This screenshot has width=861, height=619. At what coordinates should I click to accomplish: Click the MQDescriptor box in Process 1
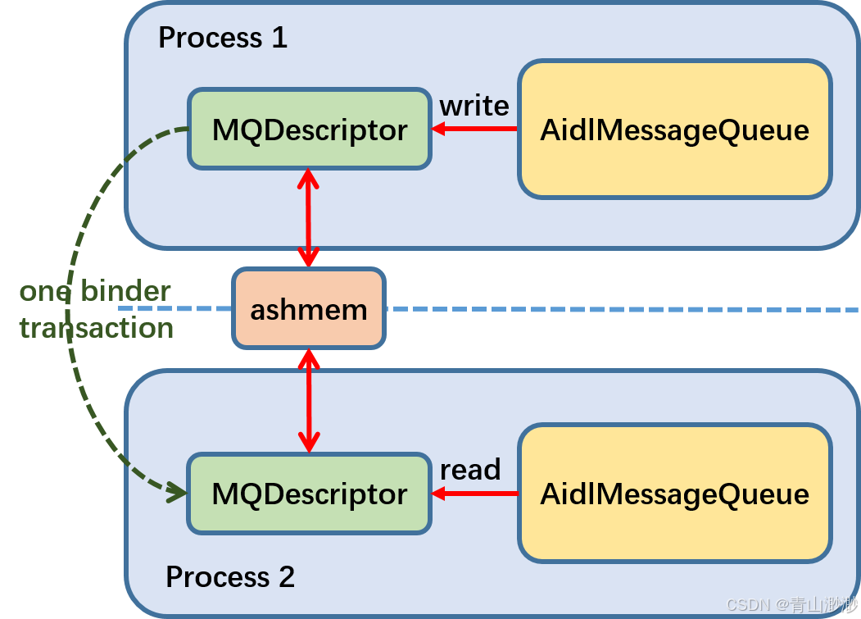[309, 130]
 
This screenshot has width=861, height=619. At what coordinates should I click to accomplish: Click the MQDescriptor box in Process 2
[309, 494]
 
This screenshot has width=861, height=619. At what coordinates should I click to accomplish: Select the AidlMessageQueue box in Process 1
[674, 130]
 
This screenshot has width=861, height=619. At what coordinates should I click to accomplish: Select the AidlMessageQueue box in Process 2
[674, 494]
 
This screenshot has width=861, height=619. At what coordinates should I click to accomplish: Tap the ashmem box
[308, 309]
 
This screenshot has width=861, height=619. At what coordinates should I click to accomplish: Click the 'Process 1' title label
[222, 38]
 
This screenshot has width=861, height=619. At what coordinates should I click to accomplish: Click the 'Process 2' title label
[229, 576]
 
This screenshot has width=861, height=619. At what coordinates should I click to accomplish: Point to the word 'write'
[474, 106]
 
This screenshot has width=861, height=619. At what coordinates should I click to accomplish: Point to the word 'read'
[469, 470]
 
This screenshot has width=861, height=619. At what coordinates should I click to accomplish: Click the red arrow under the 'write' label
[475, 129]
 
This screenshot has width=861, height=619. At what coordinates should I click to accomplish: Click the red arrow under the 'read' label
[475, 494]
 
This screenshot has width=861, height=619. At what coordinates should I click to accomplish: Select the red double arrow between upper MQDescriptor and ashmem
[308, 218]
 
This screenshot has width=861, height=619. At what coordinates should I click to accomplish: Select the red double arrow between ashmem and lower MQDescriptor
[308, 400]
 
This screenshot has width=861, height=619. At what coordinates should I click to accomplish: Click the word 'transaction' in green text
[96, 328]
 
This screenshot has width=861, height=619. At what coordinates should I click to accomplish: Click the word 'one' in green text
[44, 291]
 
